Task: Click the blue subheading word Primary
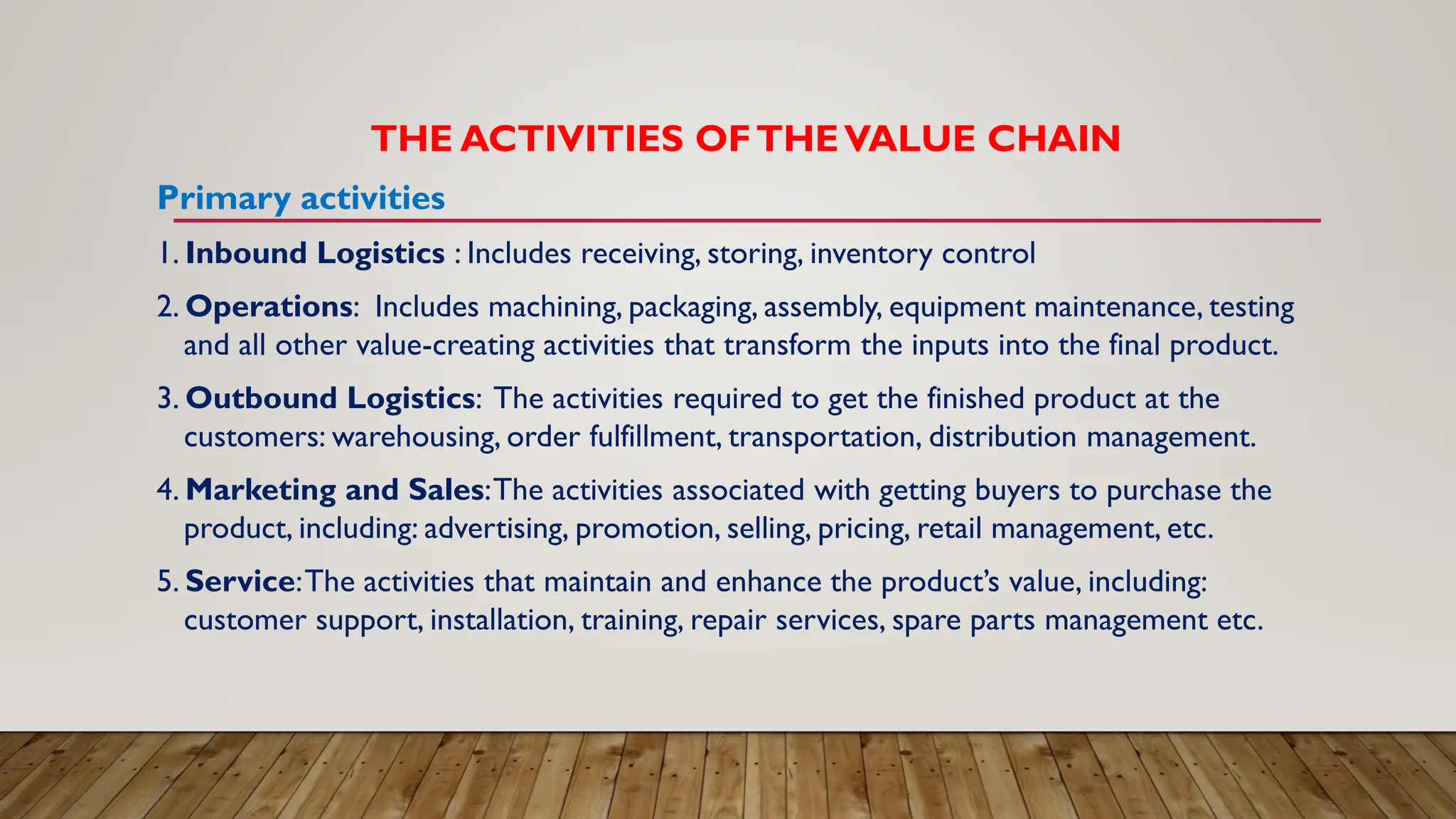224,198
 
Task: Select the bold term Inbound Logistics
315,253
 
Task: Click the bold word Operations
269,307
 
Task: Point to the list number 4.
166,490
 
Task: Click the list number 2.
166,307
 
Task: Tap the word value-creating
445,346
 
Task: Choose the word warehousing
414,437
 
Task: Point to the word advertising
495,529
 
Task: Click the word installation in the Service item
500,621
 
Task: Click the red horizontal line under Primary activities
746,221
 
